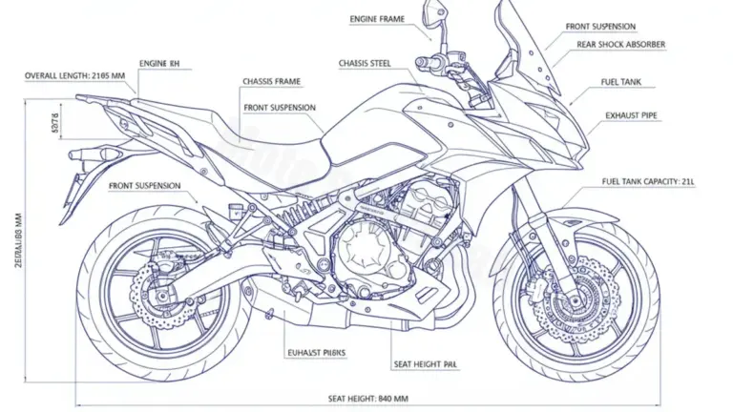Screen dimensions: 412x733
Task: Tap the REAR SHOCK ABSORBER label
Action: (621, 45)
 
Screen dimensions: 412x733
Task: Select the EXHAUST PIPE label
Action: (630, 115)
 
